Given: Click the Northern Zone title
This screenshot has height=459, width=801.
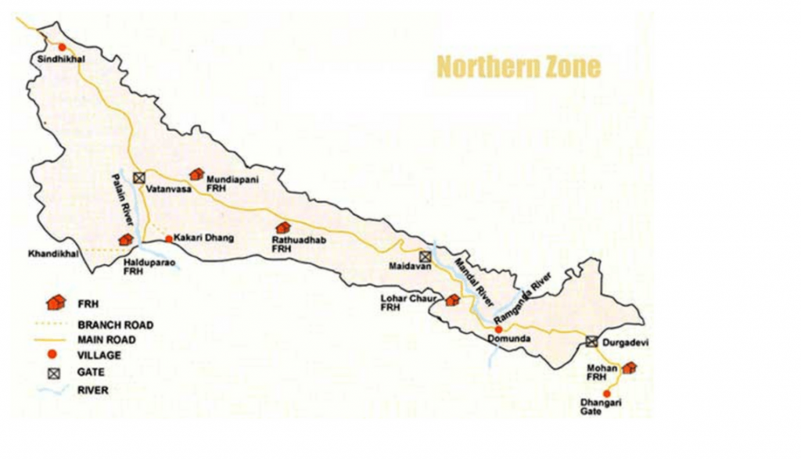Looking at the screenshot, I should [519, 66].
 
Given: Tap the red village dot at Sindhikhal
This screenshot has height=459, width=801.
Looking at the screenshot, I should [63, 47].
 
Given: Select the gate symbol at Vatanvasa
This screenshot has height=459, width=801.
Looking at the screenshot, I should [138, 178].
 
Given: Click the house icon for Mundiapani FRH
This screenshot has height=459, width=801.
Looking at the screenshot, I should [196, 174].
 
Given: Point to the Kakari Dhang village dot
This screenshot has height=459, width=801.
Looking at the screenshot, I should [168, 238].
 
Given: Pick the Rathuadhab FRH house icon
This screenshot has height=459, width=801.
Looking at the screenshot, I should [282, 228].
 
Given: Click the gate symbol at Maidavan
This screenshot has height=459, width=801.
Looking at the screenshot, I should [425, 256].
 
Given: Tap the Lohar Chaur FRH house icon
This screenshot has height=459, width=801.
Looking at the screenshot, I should [452, 299].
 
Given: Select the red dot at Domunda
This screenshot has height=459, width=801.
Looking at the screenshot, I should [499, 330].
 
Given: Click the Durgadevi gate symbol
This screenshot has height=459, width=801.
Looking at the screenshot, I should [592, 342].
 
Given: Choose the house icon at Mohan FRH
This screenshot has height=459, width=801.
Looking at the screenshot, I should [628, 367].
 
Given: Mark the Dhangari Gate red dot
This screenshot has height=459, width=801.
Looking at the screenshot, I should [606, 393].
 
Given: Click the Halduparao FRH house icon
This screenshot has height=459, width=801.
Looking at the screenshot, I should [125, 239].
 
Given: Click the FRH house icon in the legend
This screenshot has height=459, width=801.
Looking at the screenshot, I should [54, 303].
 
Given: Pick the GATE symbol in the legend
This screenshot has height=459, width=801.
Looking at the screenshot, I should [54, 373].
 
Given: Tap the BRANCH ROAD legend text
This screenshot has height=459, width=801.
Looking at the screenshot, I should [115, 325].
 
